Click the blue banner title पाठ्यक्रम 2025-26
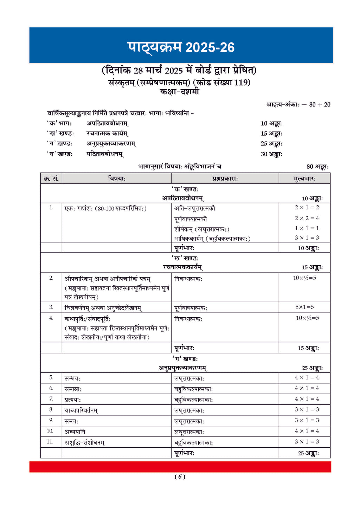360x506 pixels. pyautogui.click(x=181, y=47)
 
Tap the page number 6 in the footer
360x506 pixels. pyautogui.click(x=180, y=476)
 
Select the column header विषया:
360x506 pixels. pyautogui.click(x=117, y=179)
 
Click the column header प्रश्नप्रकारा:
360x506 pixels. pyautogui.click(x=225, y=179)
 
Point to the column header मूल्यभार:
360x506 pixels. pyautogui.click(x=304, y=179)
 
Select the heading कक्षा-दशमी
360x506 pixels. pyautogui.click(x=180, y=92)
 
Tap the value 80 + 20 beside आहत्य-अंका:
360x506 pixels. pyautogui.click(x=320, y=104)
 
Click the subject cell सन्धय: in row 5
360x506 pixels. pyautogui.click(x=72, y=378)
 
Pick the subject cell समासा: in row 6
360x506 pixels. pyautogui.click(x=73, y=389)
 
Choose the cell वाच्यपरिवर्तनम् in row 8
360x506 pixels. pyautogui.click(x=81, y=410)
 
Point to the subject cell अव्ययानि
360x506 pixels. pyautogui.click(x=75, y=432)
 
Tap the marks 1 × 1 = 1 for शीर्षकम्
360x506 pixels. pyautogui.click(x=307, y=228)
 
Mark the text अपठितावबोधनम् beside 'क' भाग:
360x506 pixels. pyautogui.click(x=107, y=123)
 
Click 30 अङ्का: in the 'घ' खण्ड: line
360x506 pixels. pyautogui.click(x=271, y=154)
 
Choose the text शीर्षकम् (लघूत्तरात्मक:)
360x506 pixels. pyautogui.click(x=202, y=229)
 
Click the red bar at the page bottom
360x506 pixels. pyautogui.click(x=180, y=467)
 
